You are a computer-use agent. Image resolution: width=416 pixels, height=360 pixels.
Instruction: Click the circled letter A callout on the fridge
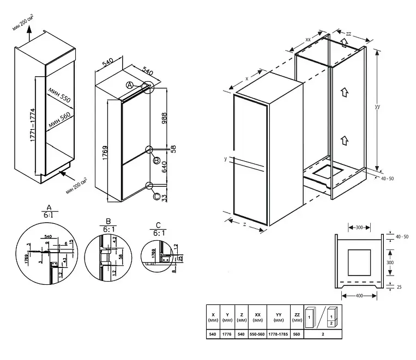(x=129, y=86)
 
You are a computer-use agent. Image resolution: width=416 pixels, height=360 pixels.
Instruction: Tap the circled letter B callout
(x=156, y=161)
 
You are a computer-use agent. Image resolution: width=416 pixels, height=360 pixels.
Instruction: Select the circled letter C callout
(x=156, y=197)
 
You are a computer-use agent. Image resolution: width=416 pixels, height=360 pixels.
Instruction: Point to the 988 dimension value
(x=164, y=119)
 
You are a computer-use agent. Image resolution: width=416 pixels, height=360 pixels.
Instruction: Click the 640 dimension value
(x=164, y=173)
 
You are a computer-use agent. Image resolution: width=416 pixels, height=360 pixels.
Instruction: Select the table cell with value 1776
(x=227, y=334)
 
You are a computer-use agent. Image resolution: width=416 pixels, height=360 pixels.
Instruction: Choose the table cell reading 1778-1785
(x=278, y=334)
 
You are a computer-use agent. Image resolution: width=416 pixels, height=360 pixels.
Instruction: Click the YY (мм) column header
(x=278, y=317)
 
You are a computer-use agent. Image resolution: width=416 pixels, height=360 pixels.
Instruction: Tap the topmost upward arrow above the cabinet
(x=343, y=42)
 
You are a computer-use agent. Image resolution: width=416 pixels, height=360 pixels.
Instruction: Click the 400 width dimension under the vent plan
(x=359, y=295)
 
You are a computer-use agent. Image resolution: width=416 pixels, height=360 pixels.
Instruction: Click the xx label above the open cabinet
(x=308, y=40)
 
